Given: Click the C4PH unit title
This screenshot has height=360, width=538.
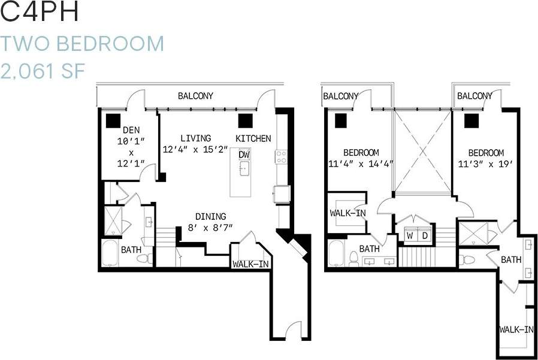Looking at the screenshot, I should coord(41,13).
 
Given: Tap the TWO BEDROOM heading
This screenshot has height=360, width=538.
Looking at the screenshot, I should coord(82,44).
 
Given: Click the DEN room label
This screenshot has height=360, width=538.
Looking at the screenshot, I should coord(131,130).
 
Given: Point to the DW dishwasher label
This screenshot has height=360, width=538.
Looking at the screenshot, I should coord(244,155).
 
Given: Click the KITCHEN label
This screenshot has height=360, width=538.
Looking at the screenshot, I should coord(253,138).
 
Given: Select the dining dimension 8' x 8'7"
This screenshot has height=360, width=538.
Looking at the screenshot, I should coord(210,228).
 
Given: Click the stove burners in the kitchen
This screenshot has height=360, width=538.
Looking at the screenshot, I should coord(280,156).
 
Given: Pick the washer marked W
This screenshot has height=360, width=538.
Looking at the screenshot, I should coord(410,235).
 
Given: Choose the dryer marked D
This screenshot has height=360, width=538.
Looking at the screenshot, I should coord(425,235).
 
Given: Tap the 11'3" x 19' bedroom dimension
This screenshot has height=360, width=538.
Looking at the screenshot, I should coord(486,163).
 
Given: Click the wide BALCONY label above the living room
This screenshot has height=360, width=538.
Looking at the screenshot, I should coord(195,96).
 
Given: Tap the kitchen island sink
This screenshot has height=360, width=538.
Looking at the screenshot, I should coord(244,170).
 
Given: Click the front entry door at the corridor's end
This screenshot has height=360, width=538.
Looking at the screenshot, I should coord(292,331).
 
